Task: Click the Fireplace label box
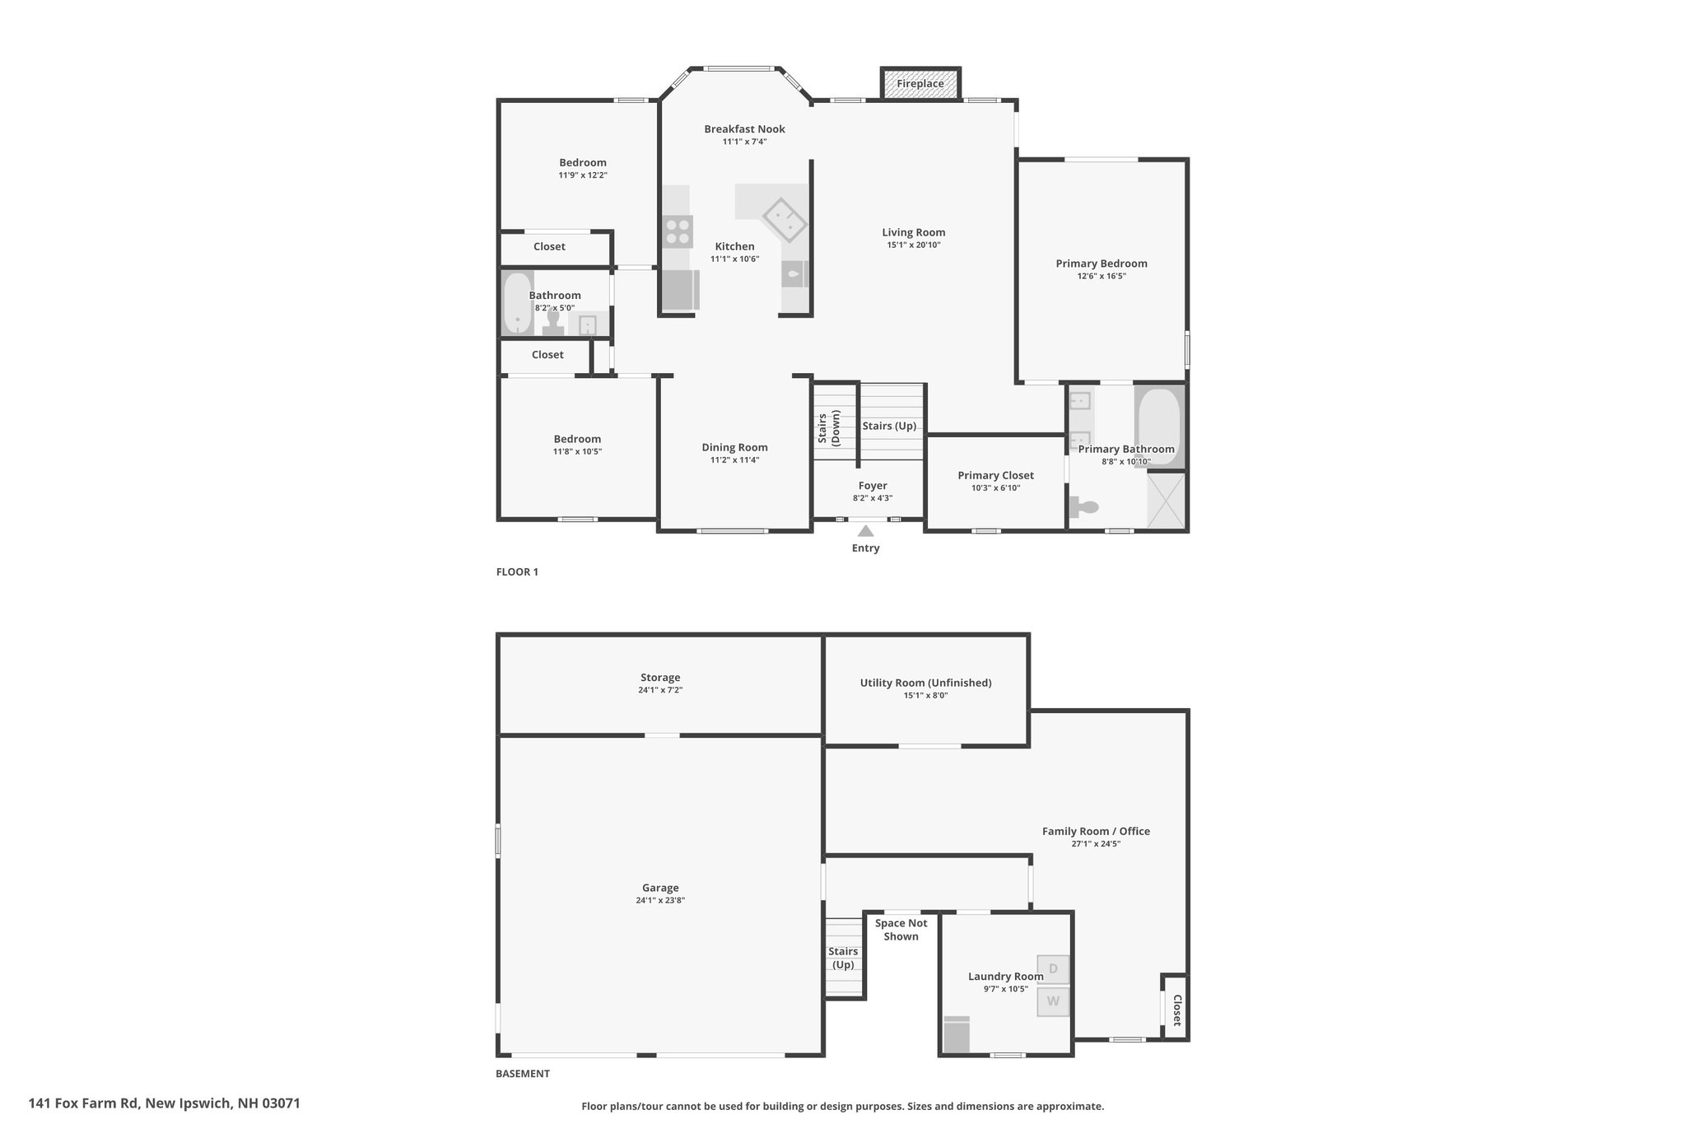point(920,83)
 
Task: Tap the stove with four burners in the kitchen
point(678,231)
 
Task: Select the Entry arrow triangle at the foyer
point(865,531)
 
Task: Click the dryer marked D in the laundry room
point(1053,969)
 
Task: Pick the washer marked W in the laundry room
point(1053,1002)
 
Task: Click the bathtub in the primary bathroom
point(1158,426)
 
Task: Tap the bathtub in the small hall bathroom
point(518,302)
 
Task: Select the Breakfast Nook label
point(744,129)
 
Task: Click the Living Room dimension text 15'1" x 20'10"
point(914,245)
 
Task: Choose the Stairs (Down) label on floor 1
point(828,429)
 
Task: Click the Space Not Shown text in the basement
point(901,930)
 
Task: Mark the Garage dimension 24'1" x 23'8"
point(660,901)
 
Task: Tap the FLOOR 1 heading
point(517,572)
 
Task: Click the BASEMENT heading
point(523,1074)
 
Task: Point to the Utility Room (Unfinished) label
point(925,683)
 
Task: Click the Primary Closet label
point(995,475)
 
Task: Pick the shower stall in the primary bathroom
point(1167,501)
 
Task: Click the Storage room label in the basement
point(660,678)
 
